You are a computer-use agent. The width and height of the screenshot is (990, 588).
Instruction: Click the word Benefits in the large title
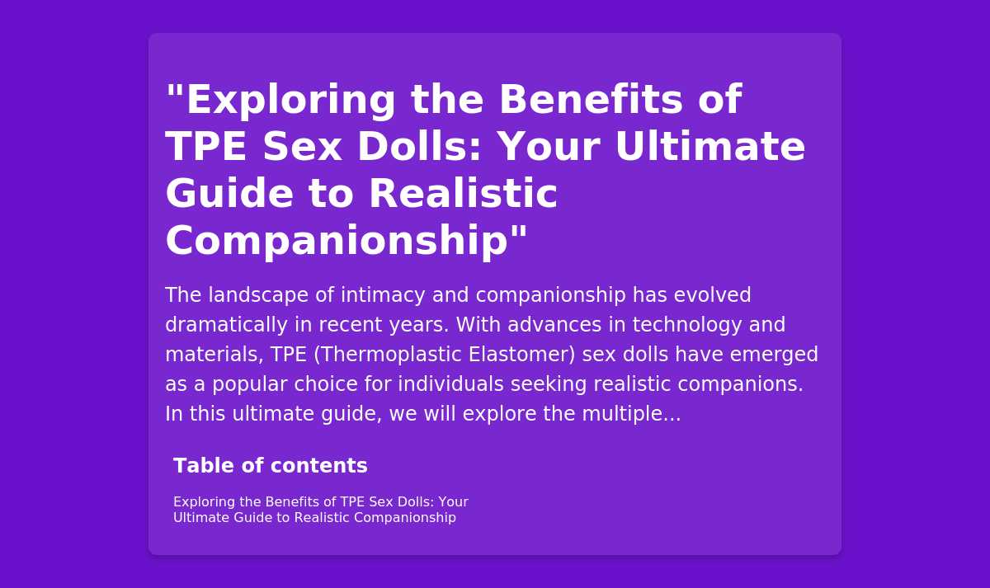591,100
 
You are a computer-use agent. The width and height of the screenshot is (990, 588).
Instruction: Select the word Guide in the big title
229,194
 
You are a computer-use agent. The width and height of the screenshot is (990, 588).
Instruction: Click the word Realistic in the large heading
463,194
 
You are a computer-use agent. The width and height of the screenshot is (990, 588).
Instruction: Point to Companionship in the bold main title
337,241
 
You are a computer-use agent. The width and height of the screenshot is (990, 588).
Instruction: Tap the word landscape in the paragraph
258,295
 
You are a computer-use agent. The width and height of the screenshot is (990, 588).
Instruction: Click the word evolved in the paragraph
712,295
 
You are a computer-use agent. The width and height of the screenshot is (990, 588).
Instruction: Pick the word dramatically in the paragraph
227,325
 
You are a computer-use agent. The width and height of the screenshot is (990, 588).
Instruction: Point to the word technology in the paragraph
687,325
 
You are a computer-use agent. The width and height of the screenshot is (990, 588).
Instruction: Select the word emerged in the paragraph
774,355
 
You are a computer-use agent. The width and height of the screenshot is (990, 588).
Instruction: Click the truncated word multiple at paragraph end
632,414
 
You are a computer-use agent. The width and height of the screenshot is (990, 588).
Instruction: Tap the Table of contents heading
271,466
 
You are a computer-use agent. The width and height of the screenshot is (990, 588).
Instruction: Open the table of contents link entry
320,510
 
